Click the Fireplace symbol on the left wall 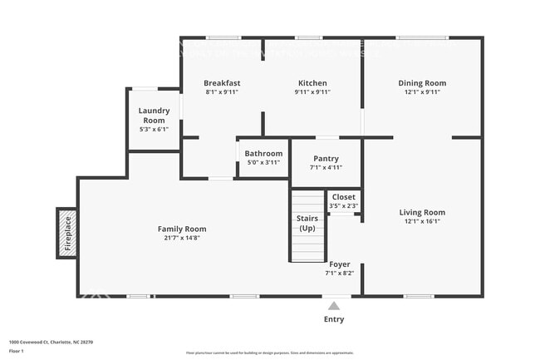pos(67,232)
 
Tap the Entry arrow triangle pos(334,305)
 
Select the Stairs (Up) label pos(307,223)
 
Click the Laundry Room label pos(154,116)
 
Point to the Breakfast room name pos(223,83)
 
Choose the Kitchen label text pos(312,83)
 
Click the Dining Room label pos(422,83)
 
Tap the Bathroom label pos(263,153)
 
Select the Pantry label pos(325,159)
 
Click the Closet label pos(343,197)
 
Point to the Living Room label pos(422,212)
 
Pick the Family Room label pos(182,229)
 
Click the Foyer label pos(339,264)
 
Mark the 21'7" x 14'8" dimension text pos(182,238)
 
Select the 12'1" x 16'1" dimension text pos(422,221)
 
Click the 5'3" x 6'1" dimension pos(154,129)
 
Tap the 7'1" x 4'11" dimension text pos(325,167)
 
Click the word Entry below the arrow pos(334,319)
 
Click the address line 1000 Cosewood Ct pos(51,341)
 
